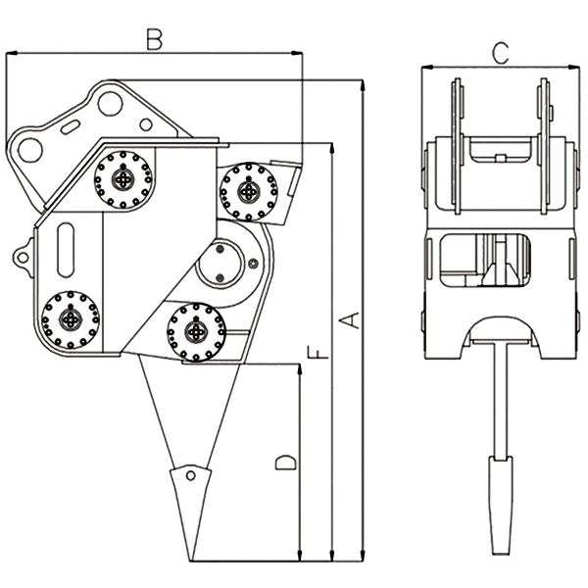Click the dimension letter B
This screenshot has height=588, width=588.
coord(154,39)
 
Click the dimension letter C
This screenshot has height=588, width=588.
coord(500,53)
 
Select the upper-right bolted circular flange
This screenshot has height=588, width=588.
coord(242,193)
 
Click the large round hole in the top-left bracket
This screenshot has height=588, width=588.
coord(30,150)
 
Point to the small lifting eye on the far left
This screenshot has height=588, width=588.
coord(21,257)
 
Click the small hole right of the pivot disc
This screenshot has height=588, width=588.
coord(255,263)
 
